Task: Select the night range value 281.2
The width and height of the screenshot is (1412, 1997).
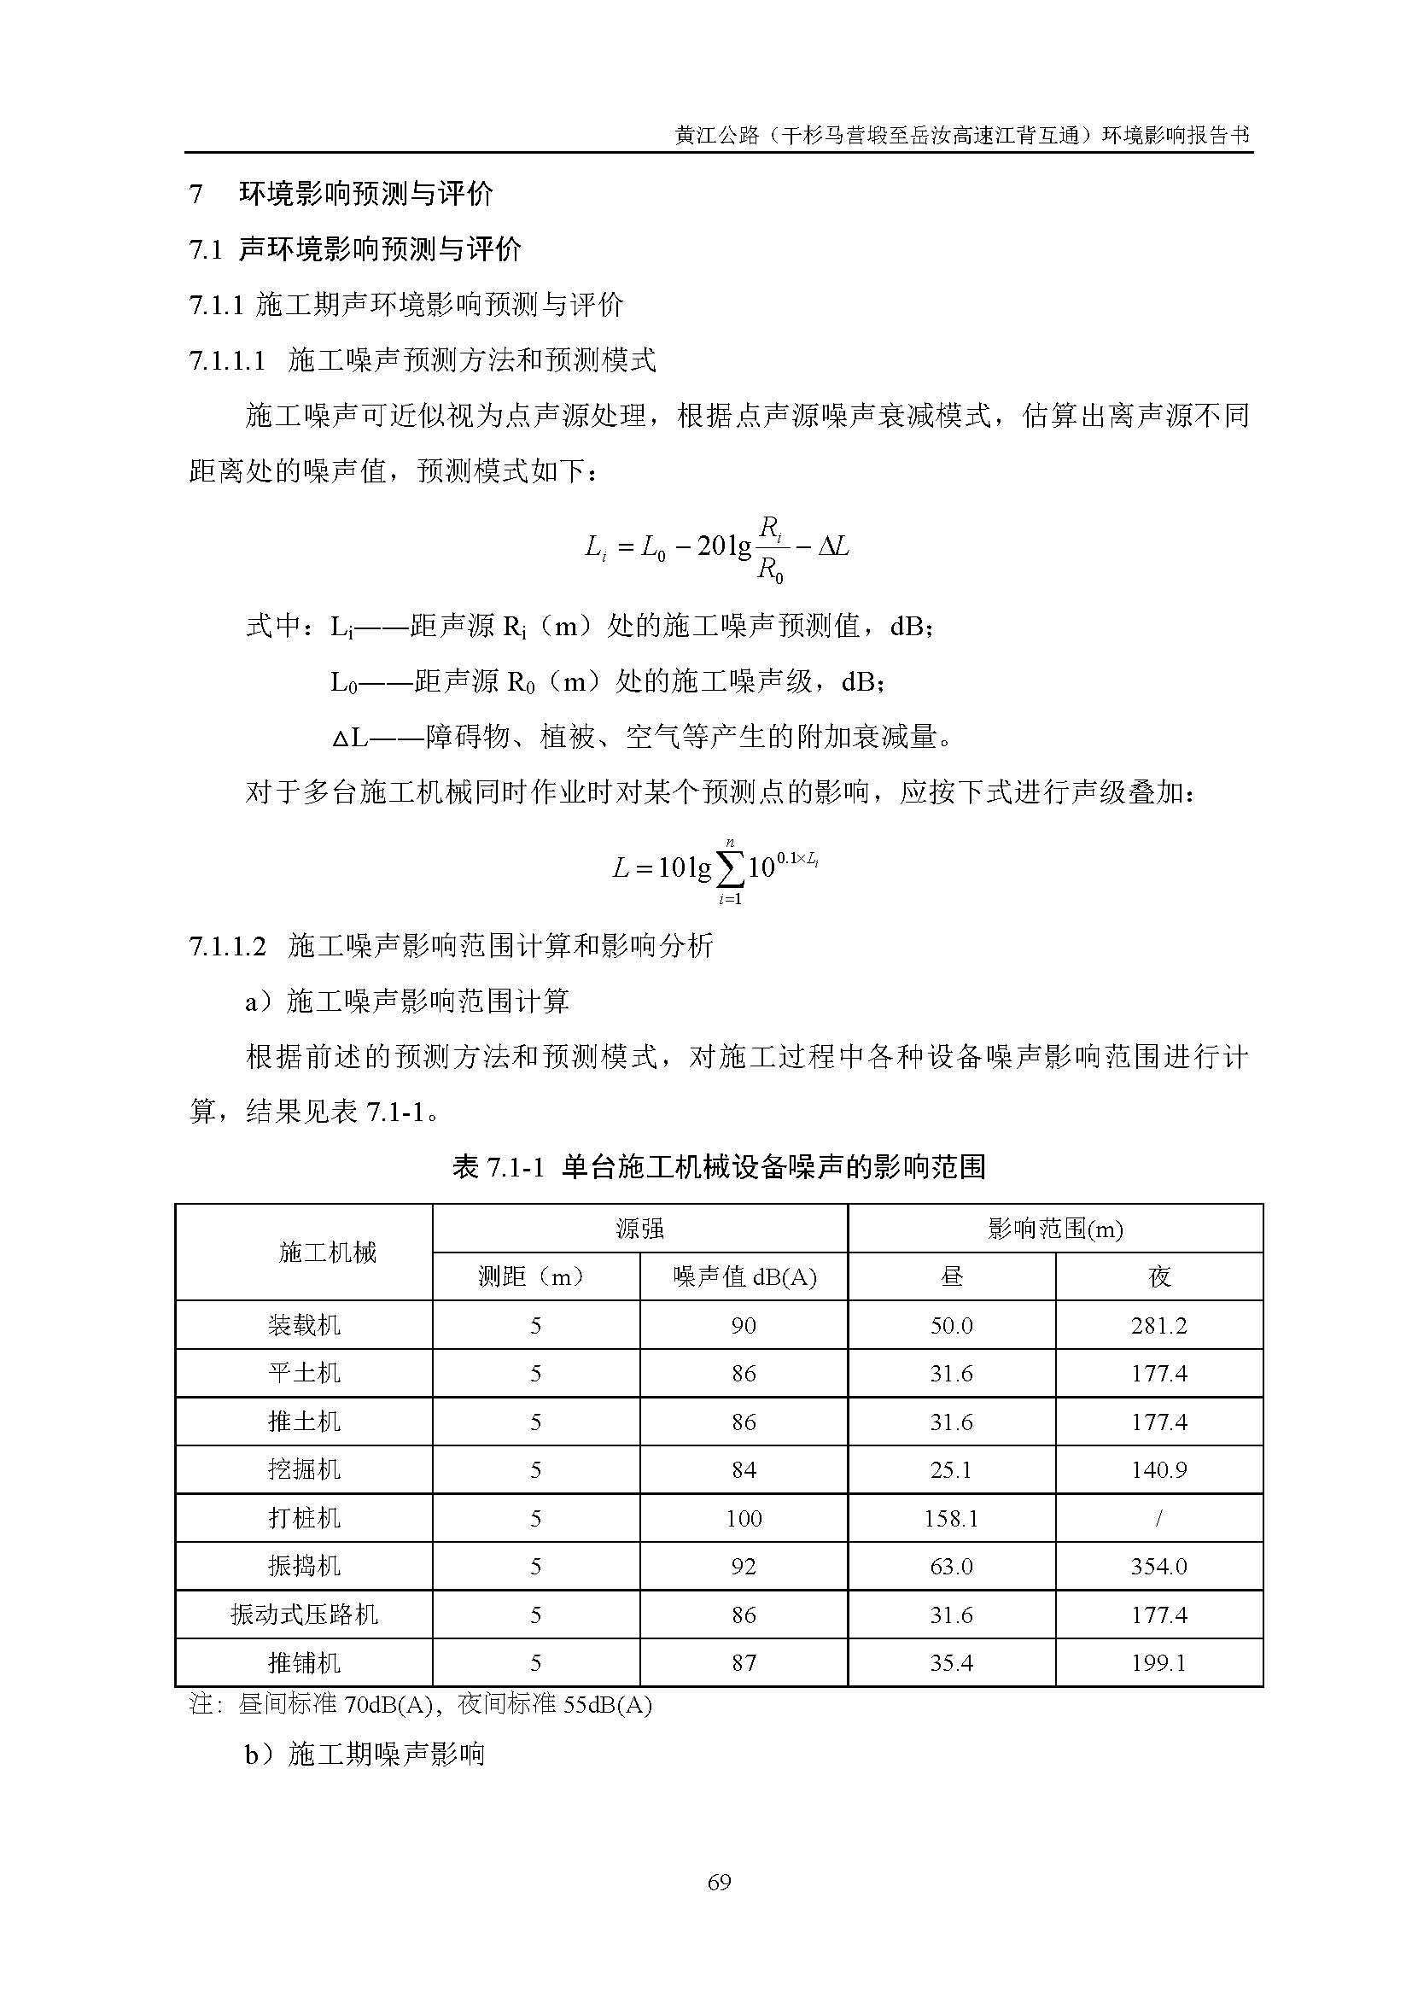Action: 1159,1326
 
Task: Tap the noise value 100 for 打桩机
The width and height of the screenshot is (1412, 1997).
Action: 744,1518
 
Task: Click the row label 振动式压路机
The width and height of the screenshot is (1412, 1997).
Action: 303,1615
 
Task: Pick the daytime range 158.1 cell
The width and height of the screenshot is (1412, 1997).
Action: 951,1518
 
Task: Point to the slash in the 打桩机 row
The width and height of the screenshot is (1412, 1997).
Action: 1159,1518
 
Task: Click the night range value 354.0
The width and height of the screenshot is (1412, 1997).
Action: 1159,1567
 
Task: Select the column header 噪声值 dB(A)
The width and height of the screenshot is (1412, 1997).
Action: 744,1276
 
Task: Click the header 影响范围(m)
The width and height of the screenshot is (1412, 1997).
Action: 1054,1229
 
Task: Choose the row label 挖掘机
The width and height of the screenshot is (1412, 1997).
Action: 303,1470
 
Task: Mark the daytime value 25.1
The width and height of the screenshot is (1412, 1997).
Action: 951,1470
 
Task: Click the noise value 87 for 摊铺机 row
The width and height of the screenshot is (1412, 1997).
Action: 744,1663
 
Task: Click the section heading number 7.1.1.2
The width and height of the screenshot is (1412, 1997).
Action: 227,945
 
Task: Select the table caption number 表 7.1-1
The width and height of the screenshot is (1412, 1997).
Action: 498,1167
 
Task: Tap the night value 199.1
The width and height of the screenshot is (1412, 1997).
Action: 1159,1663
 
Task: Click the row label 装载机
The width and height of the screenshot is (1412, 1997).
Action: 303,1326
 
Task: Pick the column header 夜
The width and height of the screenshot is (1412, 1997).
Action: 1159,1276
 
